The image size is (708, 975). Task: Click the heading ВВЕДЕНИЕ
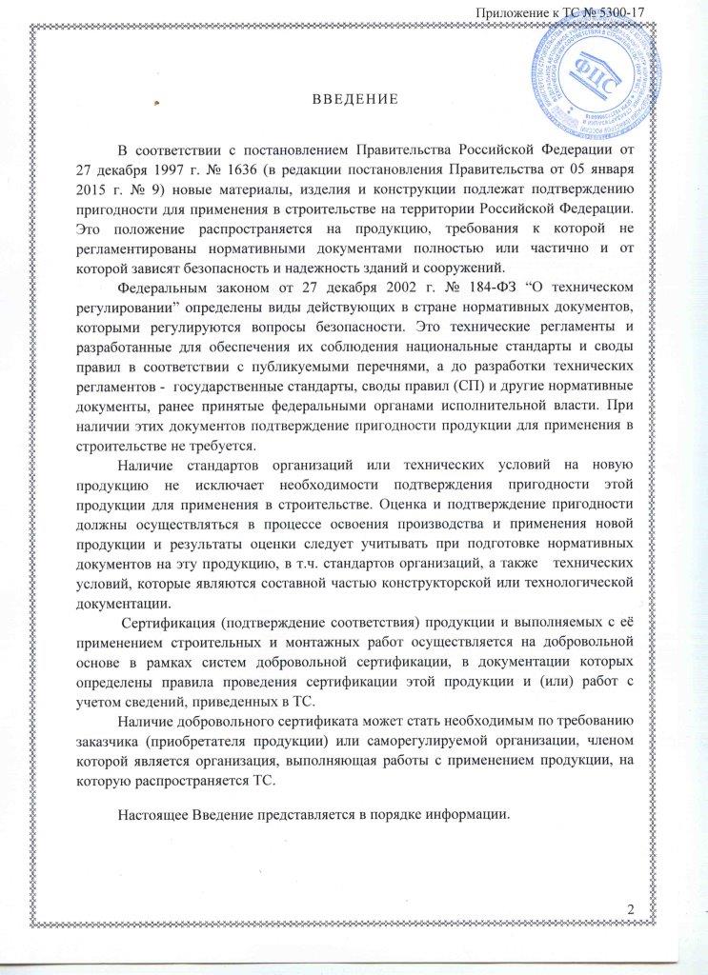[x=354, y=101]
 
